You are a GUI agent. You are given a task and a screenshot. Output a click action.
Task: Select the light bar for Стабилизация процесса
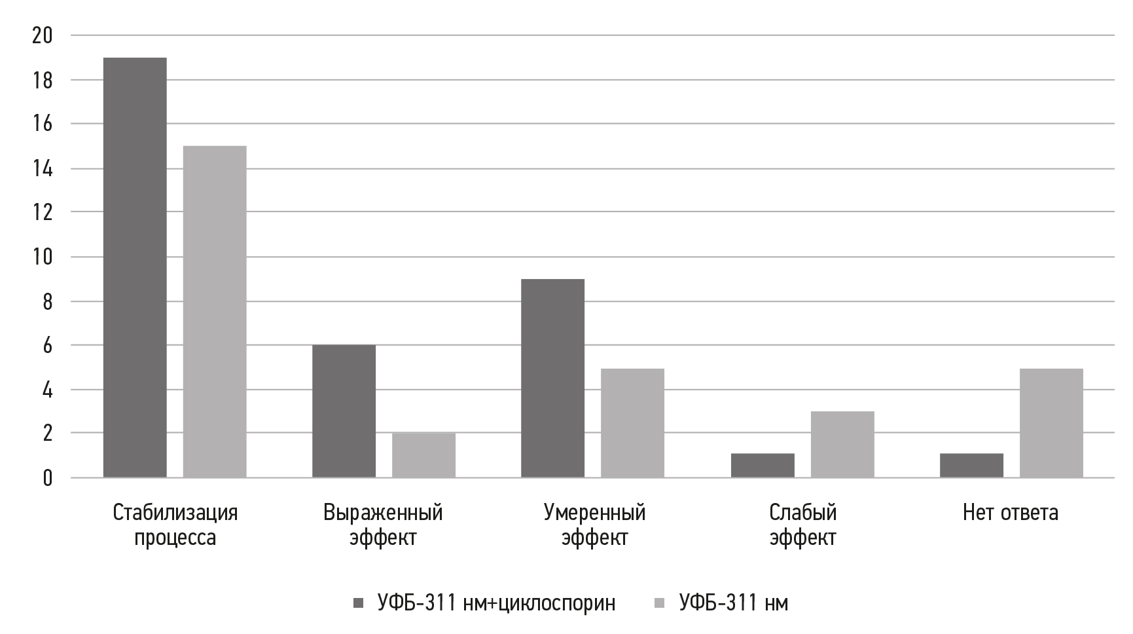(x=215, y=311)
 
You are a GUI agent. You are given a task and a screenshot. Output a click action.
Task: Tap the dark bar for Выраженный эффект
(x=344, y=411)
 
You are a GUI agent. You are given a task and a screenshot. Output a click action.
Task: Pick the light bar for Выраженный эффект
(x=423, y=455)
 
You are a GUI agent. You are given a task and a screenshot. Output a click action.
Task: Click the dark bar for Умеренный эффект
(x=552, y=378)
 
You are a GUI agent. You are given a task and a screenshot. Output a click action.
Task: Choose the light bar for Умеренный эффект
(x=632, y=422)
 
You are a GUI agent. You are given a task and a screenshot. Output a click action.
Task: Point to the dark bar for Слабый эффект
(x=763, y=465)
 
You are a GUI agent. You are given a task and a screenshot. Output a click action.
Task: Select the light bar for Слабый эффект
(x=842, y=444)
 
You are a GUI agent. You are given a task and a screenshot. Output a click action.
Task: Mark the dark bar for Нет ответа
(x=971, y=465)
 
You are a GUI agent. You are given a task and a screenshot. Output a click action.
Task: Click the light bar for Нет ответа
(x=1051, y=422)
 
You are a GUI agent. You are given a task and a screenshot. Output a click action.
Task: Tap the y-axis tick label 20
(x=42, y=36)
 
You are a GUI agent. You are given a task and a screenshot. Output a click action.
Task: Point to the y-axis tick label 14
(x=42, y=169)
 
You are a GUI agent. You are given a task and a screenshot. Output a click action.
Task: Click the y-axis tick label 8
(x=47, y=302)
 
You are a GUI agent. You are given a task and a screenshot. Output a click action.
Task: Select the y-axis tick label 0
(x=47, y=478)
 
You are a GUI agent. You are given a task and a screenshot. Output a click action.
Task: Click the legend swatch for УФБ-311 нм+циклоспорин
(x=359, y=603)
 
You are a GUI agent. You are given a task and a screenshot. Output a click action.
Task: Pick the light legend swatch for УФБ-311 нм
(x=660, y=603)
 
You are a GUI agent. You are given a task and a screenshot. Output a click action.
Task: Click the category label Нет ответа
(x=1010, y=512)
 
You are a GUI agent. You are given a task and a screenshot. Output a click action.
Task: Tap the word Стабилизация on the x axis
(x=175, y=512)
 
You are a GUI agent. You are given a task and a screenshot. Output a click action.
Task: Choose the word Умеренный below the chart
(x=594, y=512)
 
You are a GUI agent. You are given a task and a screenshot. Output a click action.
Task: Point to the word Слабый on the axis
(x=803, y=512)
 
